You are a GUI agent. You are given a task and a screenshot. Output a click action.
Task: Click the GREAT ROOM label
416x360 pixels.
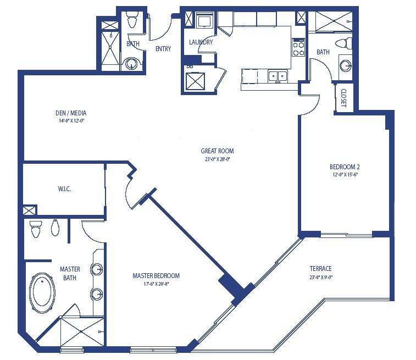tap(217, 151)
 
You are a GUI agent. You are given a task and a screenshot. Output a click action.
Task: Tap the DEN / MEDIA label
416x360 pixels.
tap(71, 113)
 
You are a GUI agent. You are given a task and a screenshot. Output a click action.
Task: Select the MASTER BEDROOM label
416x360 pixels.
tap(156, 276)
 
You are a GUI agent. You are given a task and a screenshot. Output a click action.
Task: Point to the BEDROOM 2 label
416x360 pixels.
tap(345, 167)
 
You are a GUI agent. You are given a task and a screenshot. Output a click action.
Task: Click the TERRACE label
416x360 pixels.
tap(320, 268)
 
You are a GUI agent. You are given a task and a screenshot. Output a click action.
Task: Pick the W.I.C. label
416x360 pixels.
tap(64, 189)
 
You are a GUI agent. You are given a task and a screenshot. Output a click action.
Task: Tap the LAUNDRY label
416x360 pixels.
tap(201, 42)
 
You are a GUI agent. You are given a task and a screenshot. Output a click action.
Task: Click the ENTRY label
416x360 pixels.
tap(163, 48)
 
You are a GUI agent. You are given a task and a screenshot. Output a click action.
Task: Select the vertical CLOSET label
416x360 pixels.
tap(343, 98)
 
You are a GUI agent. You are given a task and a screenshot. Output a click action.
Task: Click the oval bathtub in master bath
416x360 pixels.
tap(42, 291)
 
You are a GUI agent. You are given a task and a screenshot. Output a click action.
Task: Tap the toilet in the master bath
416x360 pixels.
tap(36, 229)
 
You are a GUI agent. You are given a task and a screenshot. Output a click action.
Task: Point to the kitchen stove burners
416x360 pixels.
tap(298, 47)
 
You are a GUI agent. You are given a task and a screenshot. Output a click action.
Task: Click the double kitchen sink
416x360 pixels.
tap(278, 76)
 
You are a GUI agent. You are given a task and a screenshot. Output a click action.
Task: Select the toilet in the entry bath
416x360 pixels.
tap(131, 19)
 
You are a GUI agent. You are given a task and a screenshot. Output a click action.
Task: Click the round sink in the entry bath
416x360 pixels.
tap(131, 64)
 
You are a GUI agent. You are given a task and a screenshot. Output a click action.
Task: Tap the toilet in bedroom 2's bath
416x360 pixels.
tap(343, 43)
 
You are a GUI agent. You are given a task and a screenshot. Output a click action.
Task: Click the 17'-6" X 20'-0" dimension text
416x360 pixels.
tap(156, 284)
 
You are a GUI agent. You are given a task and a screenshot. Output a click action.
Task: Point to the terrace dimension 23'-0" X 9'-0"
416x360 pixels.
tap(320, 277)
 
